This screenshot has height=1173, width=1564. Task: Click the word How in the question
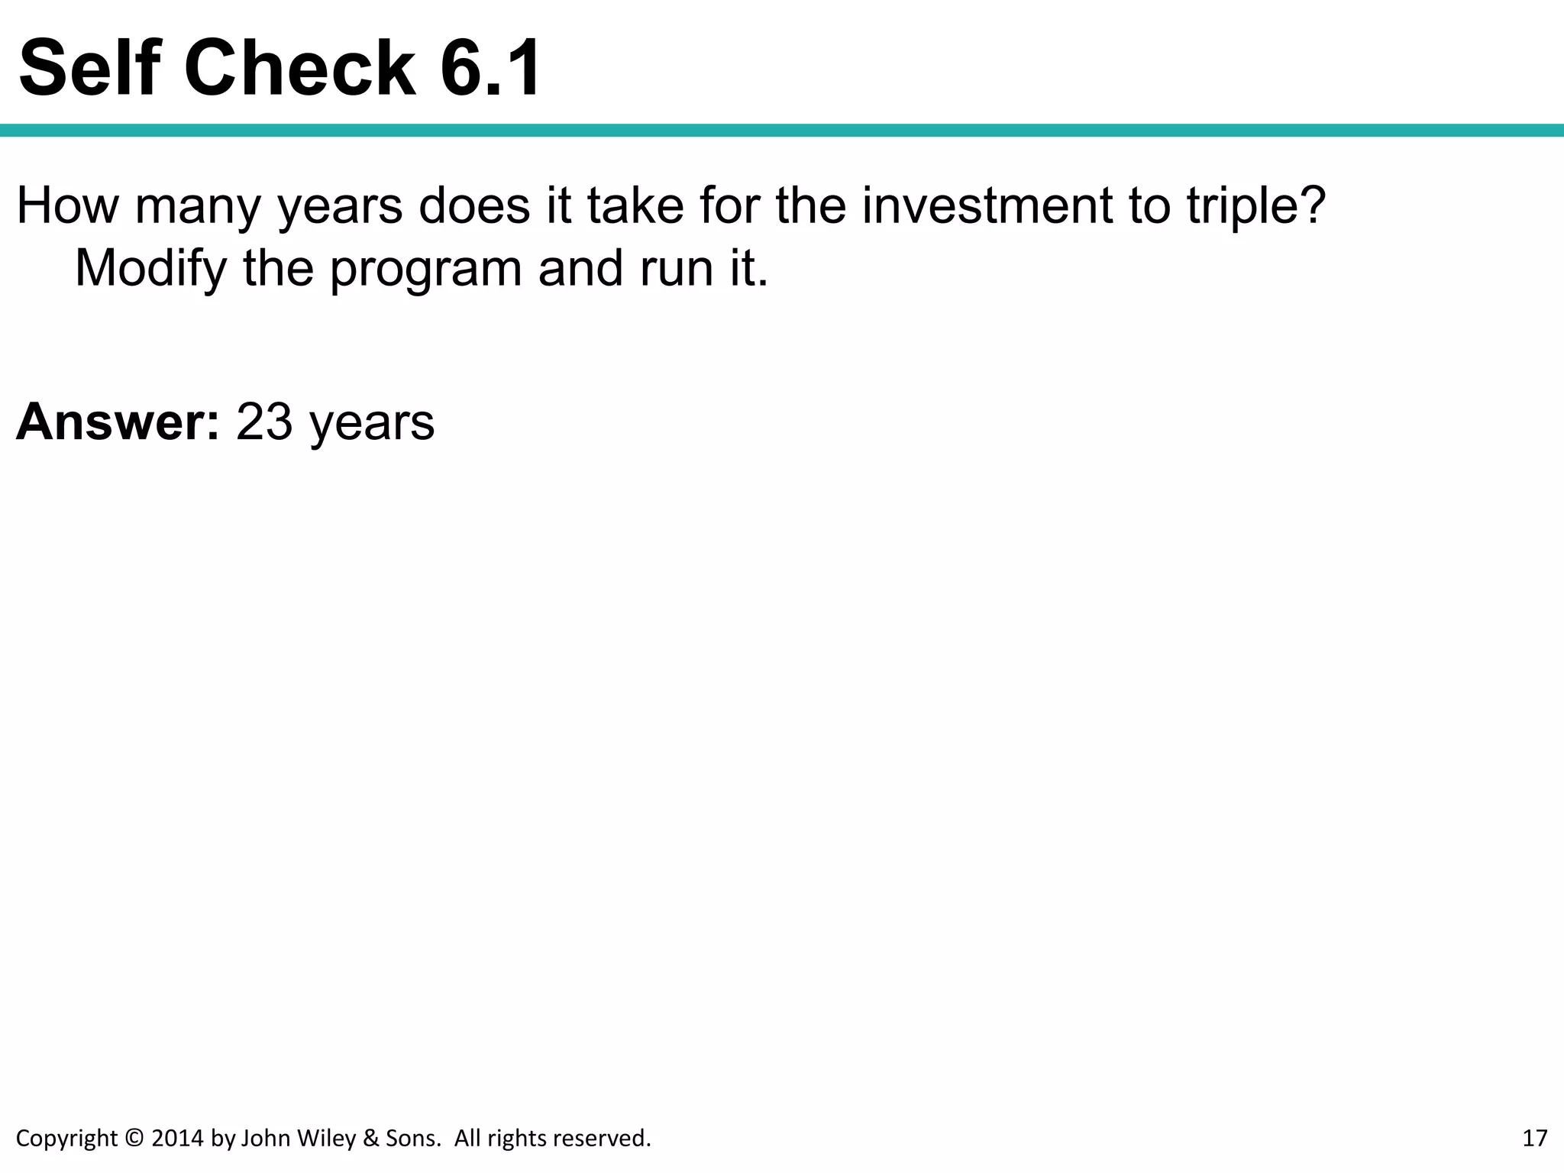(x=67, y=206)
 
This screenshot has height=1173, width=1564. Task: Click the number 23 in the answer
(x=264, y=422)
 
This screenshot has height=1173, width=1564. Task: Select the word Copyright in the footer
(x=67, y=1139)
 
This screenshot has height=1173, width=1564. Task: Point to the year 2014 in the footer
(x=177, y=1138)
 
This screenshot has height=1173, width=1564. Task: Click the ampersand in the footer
(x=371, y=1138)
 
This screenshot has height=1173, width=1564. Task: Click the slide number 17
(x=1535, y=1138)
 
